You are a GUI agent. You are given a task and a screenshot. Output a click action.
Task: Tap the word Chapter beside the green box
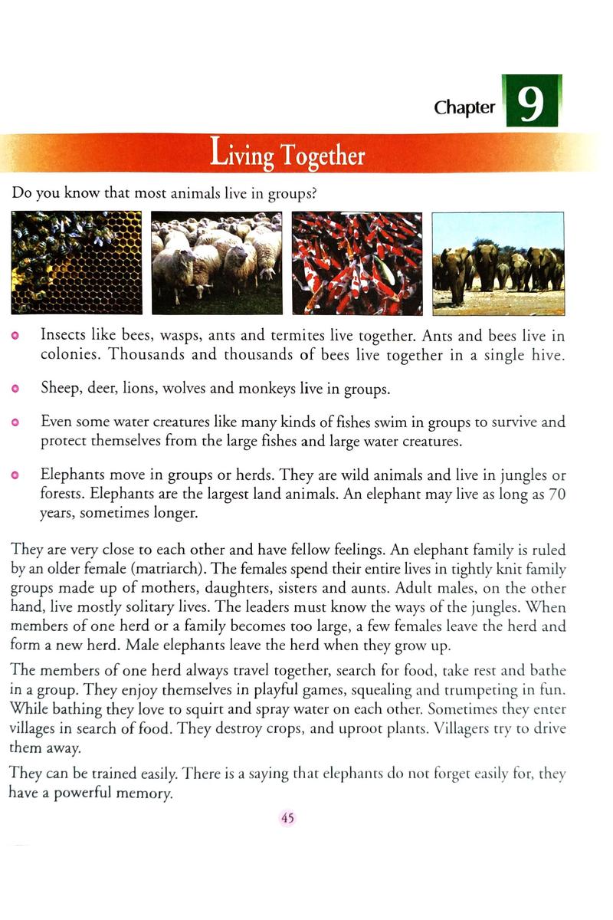(x=464, y=107)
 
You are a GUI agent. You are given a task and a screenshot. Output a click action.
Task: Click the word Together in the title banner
(x=323, y=156)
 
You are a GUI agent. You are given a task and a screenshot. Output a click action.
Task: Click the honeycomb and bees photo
(x=77, y=263)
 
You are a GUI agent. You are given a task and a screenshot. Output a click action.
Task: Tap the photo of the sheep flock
(x=217, y=263)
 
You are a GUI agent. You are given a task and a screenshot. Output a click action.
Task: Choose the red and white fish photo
(x=357, y=263)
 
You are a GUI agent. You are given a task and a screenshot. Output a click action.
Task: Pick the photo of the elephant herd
(x=498, y=263)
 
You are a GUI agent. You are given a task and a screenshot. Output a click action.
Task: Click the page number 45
(x=287, y=818)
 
